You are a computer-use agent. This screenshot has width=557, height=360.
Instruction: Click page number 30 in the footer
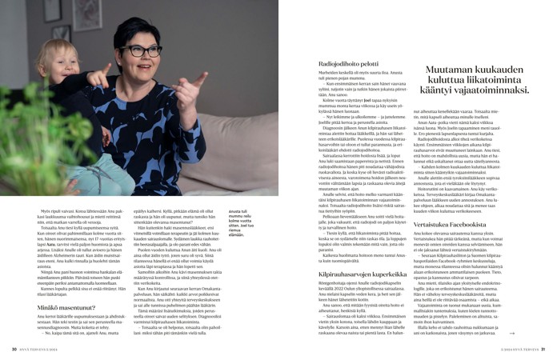pyautogui.click(x=14, y=349)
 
